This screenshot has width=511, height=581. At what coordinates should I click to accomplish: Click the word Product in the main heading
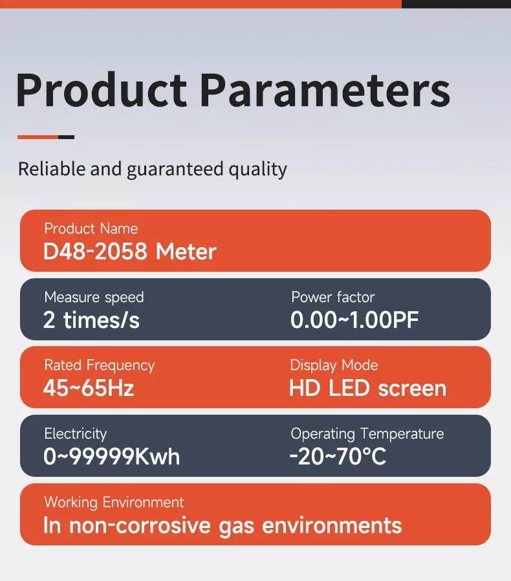pos(101,90)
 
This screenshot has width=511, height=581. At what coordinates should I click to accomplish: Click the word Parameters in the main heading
pos(325,90)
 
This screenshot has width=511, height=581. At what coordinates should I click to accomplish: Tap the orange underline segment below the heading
pos(38,137)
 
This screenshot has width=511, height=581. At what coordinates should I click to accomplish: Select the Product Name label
pos(91,228)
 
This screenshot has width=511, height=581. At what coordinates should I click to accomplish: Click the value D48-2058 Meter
pos(129,251)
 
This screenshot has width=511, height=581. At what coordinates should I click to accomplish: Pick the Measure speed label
pos(94,297)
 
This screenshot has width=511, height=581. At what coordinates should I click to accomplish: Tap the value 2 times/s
pos(91,320)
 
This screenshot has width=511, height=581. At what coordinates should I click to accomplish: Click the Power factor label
pos(332,297)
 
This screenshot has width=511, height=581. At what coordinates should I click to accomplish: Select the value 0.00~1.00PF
pos(354,320)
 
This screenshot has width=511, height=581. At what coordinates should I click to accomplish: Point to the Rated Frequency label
pos(99,366)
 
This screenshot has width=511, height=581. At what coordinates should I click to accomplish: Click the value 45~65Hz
pos(89,388)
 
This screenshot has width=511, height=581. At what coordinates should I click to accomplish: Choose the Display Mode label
pos(334,366)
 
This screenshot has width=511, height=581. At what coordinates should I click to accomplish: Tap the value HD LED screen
pos(367,388)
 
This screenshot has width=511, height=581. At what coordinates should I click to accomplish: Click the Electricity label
pos(75,433)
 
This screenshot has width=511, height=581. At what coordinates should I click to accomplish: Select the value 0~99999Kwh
pos(111,457)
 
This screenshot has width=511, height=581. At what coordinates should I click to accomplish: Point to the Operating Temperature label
pos(367,433)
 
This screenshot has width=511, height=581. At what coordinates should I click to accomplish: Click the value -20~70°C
pos(337,457)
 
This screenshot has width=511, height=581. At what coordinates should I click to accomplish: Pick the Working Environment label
pos(114,502)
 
